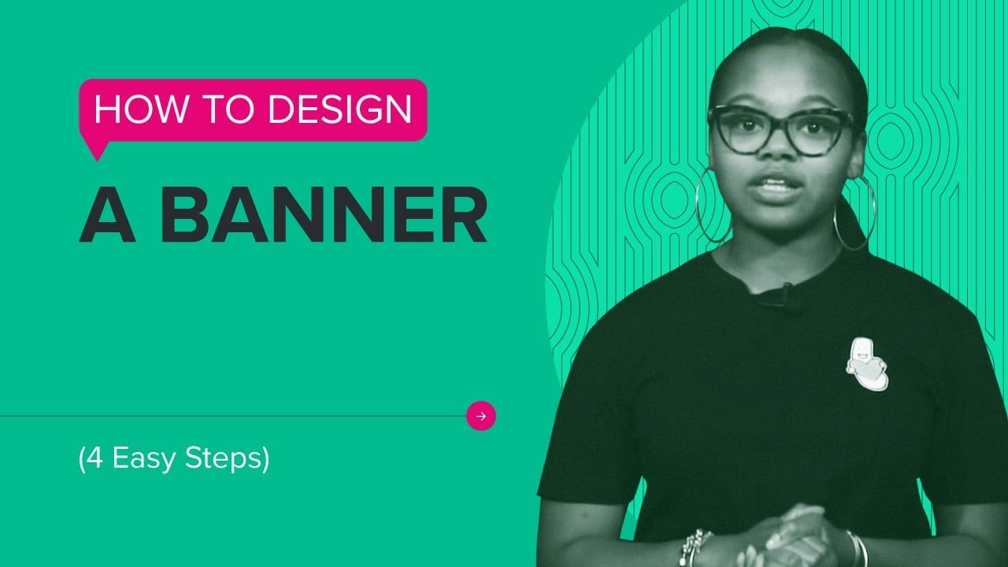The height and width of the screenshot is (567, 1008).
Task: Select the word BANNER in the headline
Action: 324,217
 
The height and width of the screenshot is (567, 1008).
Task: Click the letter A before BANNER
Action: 107,217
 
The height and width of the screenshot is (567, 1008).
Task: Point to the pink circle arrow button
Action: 481,416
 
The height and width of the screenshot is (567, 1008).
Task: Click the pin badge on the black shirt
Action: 866,364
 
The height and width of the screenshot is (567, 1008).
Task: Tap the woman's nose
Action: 778,154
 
